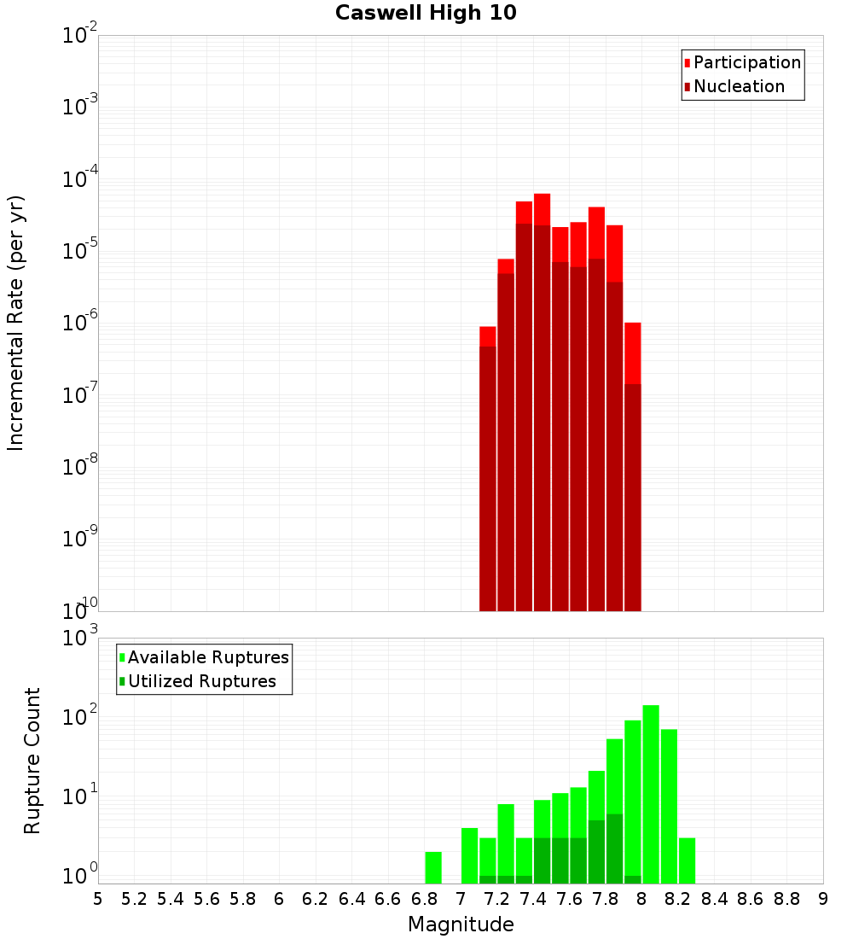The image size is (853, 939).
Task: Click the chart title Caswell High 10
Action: point(426,13)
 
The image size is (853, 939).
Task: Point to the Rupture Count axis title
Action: point(32,761)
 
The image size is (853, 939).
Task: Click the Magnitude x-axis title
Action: point(461,924)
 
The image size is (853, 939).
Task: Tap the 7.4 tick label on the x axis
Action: point(533,899)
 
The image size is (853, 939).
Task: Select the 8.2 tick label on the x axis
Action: point(678,899)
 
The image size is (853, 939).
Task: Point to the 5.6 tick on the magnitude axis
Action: point(207,899)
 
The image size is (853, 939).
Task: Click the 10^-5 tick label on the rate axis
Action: point(80,251)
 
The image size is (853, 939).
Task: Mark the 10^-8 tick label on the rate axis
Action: point(80,467)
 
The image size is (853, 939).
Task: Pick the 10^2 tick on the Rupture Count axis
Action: point(80,718)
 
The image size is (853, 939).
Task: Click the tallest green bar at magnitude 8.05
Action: point(651,794)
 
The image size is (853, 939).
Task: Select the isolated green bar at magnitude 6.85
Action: point(433,867)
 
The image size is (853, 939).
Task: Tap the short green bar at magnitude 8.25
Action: point(687,860)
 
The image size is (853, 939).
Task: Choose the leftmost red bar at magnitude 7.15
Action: point(488,469)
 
